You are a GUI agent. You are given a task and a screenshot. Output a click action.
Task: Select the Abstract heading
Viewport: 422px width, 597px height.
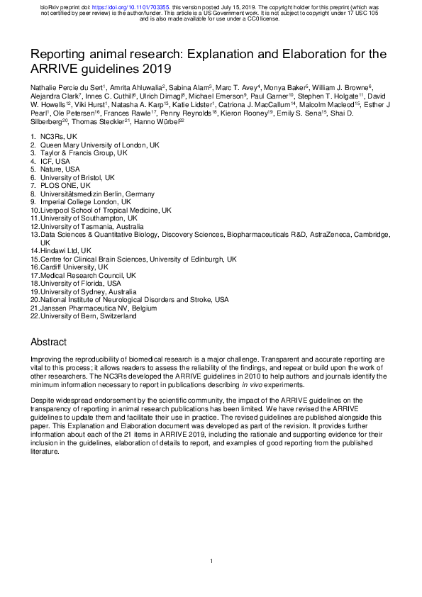(x=48, y=342)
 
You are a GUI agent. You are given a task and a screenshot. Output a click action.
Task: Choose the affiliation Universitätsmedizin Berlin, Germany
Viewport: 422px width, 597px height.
(x=93, y=193)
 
